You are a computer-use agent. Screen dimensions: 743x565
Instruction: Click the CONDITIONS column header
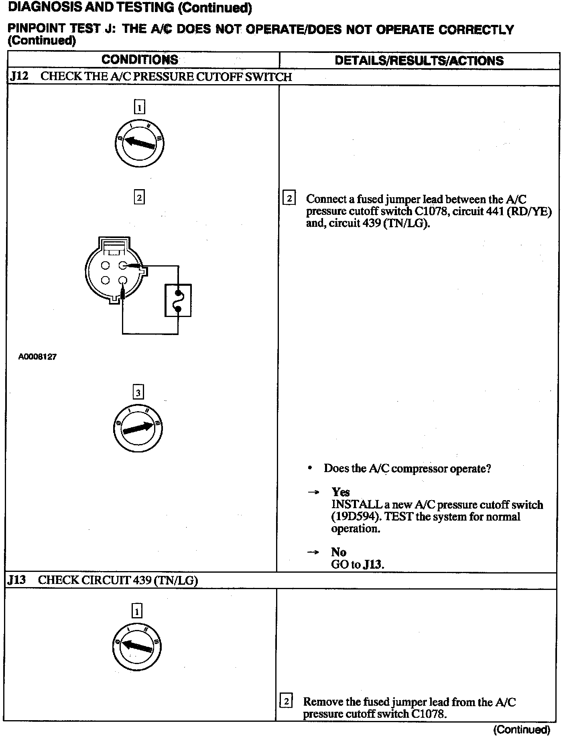(140, 60)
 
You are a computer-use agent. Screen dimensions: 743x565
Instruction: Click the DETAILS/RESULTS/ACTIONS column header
(419, 61)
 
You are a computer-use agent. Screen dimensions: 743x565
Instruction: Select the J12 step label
(19, 77)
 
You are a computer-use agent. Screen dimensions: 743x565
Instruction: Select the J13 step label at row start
(16, 580)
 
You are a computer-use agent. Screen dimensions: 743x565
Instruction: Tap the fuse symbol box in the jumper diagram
(178, 300)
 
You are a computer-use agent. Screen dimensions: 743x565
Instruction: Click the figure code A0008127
(37, 356)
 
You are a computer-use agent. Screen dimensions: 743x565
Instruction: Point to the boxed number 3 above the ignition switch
(138, 392)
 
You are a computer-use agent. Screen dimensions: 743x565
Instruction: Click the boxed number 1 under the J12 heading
(139, 107)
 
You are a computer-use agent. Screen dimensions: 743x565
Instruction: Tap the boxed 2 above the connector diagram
(139, 198)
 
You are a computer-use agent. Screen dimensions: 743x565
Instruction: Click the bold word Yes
(340, 492)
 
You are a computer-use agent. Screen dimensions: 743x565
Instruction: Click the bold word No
(339, 552)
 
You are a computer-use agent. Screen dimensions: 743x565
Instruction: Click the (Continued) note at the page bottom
(521, 729)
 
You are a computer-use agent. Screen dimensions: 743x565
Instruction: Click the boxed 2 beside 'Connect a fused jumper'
(289, 198)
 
